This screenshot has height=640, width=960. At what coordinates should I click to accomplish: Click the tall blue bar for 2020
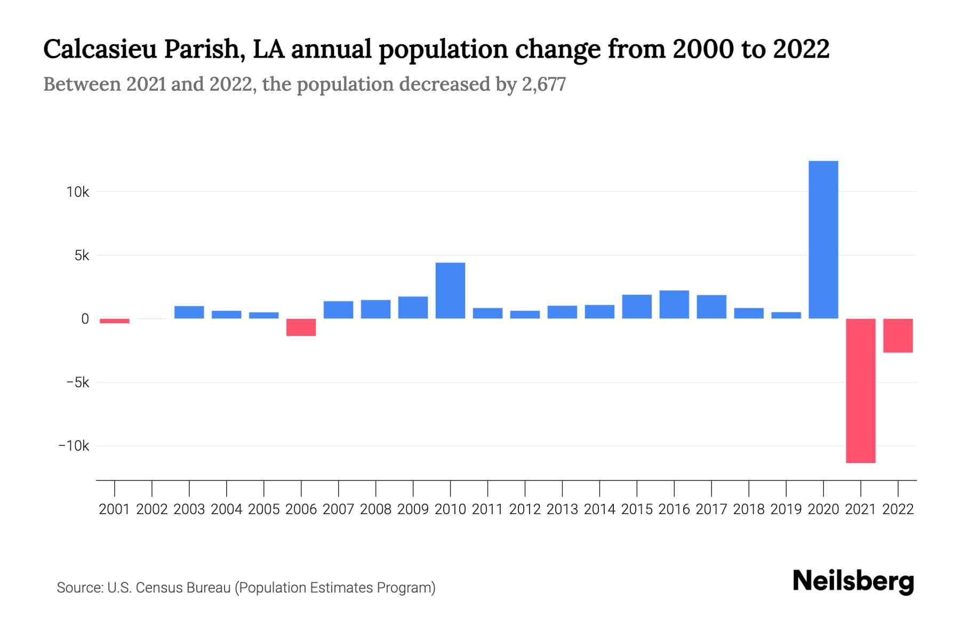tap(823, 240)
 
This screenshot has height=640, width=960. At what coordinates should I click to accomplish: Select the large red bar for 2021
tap(860, 390)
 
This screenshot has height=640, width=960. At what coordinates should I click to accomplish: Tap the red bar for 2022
tap(898, 335)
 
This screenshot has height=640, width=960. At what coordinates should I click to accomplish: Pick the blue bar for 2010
tap(450, 291)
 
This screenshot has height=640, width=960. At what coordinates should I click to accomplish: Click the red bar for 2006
tap(301, 327)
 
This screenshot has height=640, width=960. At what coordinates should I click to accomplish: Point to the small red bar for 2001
tap(115, 321)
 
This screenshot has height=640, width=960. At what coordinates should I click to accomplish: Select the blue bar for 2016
tap(674, 305)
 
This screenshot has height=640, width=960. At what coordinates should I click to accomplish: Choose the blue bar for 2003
tap(189, 313)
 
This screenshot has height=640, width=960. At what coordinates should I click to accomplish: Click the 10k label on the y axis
tap(78, 192)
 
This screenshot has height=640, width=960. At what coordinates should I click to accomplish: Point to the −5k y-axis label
tap(78, 382)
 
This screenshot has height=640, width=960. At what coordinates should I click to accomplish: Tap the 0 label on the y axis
tap(85, 319)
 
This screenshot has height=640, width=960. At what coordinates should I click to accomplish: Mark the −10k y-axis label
tap(74, 446)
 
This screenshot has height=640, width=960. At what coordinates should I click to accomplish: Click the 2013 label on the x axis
tap(562, 509)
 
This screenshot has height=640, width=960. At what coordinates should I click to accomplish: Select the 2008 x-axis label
tap(375, 509)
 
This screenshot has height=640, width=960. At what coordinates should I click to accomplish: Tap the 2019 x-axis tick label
tap(786, 509)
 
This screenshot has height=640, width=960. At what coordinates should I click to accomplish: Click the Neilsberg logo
tap(853, 581)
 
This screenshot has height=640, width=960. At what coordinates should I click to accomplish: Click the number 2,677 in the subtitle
tap(543, 84)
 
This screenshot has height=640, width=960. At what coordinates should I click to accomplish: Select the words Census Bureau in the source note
tap(184, 588)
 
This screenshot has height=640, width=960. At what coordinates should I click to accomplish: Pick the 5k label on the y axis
tap(82, 255)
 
